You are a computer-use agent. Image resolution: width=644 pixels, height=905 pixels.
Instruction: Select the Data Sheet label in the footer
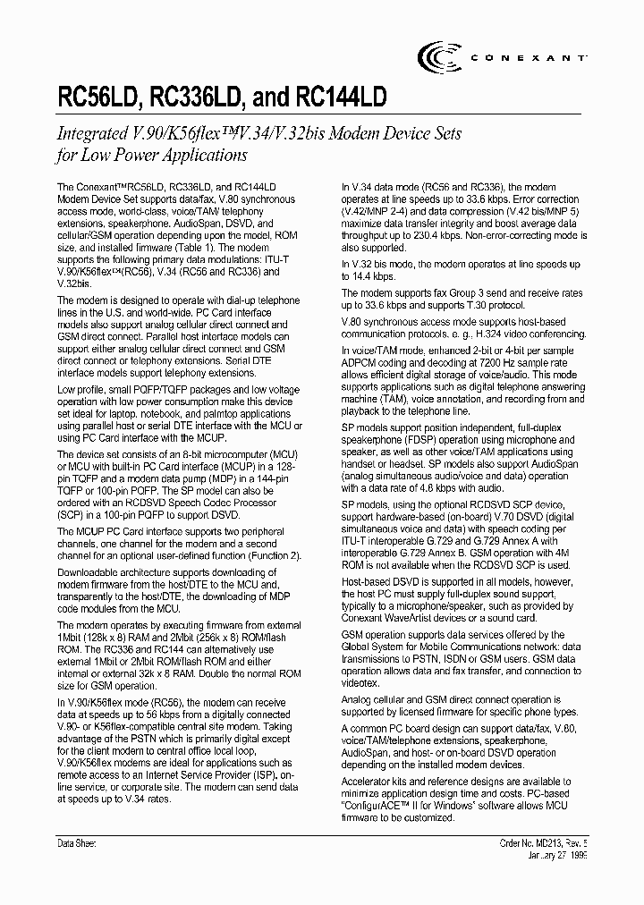click(x=76, y=843)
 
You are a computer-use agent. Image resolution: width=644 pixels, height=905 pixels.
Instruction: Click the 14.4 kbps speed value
click(x=376, y=277)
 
